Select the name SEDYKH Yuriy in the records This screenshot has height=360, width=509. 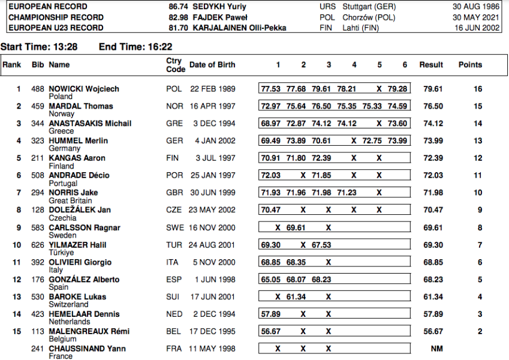(x=221, y=7)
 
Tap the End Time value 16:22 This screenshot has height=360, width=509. (x=161, y=46)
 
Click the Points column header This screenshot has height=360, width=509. (x=470, y=65)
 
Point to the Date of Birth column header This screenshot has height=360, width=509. (x=212, y=65)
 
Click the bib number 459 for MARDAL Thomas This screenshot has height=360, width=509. (x=38, y=106)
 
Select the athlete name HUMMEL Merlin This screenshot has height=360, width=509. (x=79, y=141)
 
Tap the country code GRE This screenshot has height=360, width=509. (x=174, y=124)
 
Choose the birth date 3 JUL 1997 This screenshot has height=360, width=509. (x=212, y=158)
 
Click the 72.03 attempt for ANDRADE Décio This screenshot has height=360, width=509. (x=270, y=175)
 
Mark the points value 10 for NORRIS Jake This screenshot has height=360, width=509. (x=477, y=193)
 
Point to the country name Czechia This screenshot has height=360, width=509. (x=62, y=218)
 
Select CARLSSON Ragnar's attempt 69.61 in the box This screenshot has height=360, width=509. (x=296, y=227)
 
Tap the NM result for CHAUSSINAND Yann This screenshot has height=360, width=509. (x=436, y=348)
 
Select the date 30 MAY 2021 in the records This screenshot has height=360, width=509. (x=477, y=17)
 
